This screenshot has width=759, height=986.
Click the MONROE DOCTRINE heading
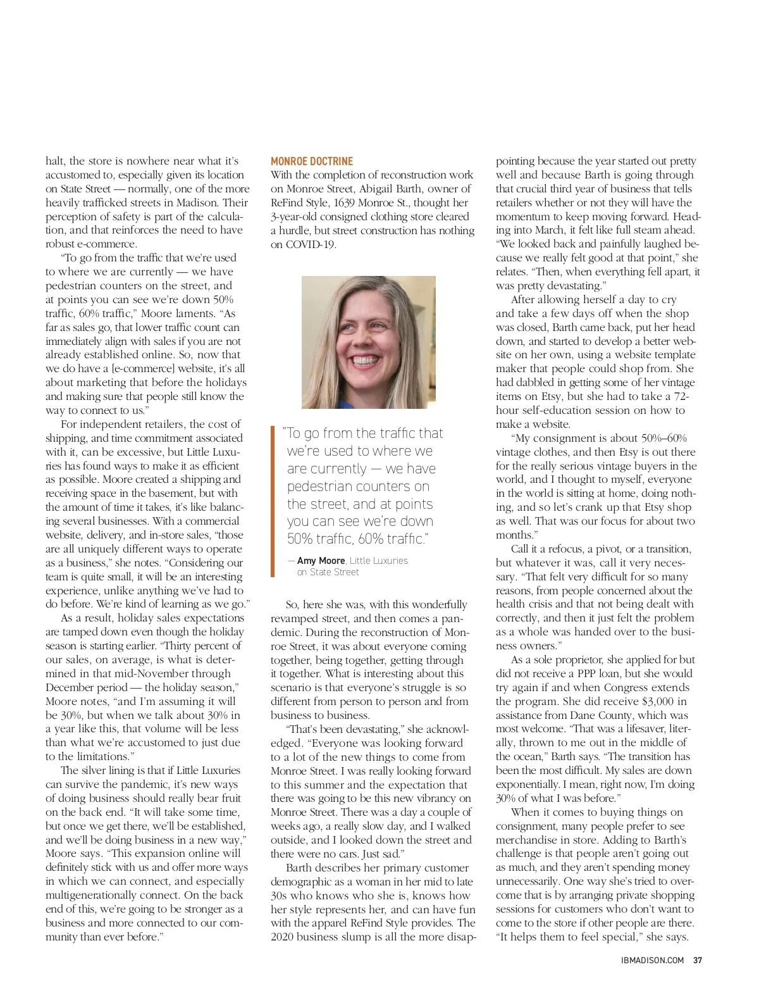[312, 161]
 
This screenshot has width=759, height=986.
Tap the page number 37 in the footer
[698, 960]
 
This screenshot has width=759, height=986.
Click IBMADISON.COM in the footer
[653, 960]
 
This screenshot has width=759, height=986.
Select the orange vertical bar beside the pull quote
[273, 501]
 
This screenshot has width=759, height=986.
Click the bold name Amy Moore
[321, 561]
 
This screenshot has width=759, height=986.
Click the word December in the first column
[68, 687]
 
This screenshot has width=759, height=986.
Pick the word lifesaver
[632, 728]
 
